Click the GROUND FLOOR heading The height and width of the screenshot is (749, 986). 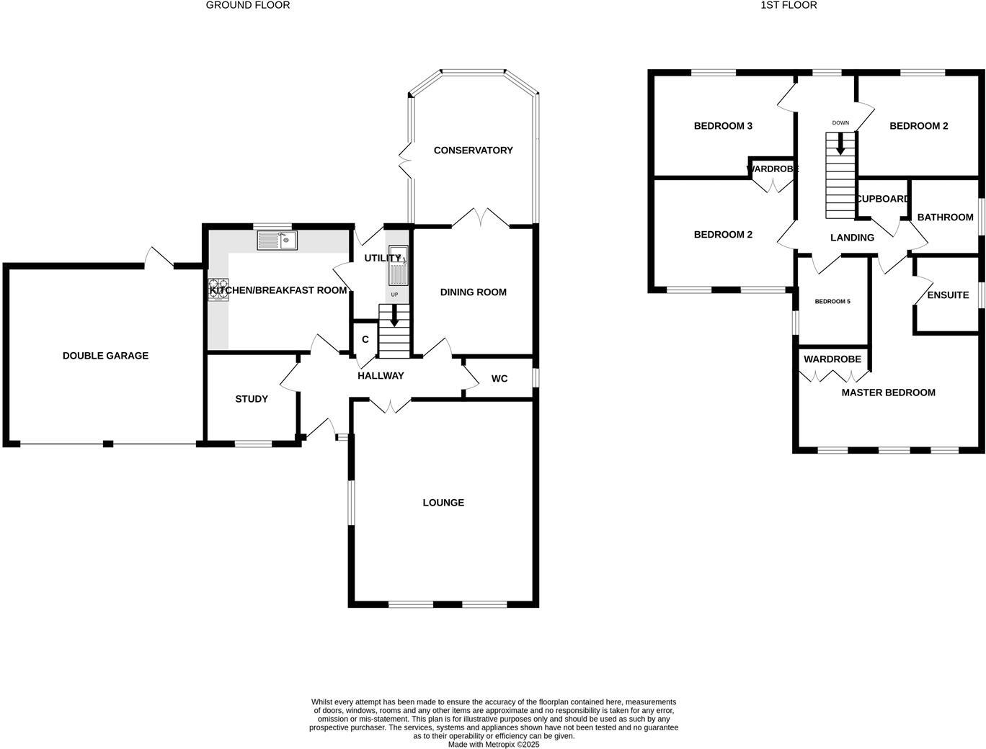pyautogui.click(x=248, y=5)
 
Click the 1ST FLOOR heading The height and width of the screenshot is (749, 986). pyautogui.click(x=789, y=5)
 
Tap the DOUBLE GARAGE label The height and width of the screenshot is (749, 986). pyautogui.click(x=105, y=356)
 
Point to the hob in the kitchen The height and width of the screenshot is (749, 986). pyautogui.click(x=218, y=289)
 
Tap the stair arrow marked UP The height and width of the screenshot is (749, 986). pyautogui.click(x=394, y=315)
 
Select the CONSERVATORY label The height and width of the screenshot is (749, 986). pyautogui.click(x=473, y=151)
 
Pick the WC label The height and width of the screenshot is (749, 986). pyautogui.click(x=499, y=379)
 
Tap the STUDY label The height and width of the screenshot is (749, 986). pyautogui.click(x=252, y=399)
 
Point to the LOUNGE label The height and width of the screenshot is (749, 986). pyautogui.click(x=443, y=503)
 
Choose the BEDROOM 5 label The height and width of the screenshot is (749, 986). pyautogui.click(x=832, y=302)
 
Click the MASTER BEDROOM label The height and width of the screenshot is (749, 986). pyautogui.click(x=888, y=393)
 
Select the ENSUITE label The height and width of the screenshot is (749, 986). pyautogui.click(x=948, y=295)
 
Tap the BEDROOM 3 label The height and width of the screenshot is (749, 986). pyautogui.click(x=723, y=126)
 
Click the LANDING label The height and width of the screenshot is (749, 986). pyautogui.click(x=852, y=238)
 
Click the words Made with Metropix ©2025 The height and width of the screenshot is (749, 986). pyautogui.click(x=494, y=745)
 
